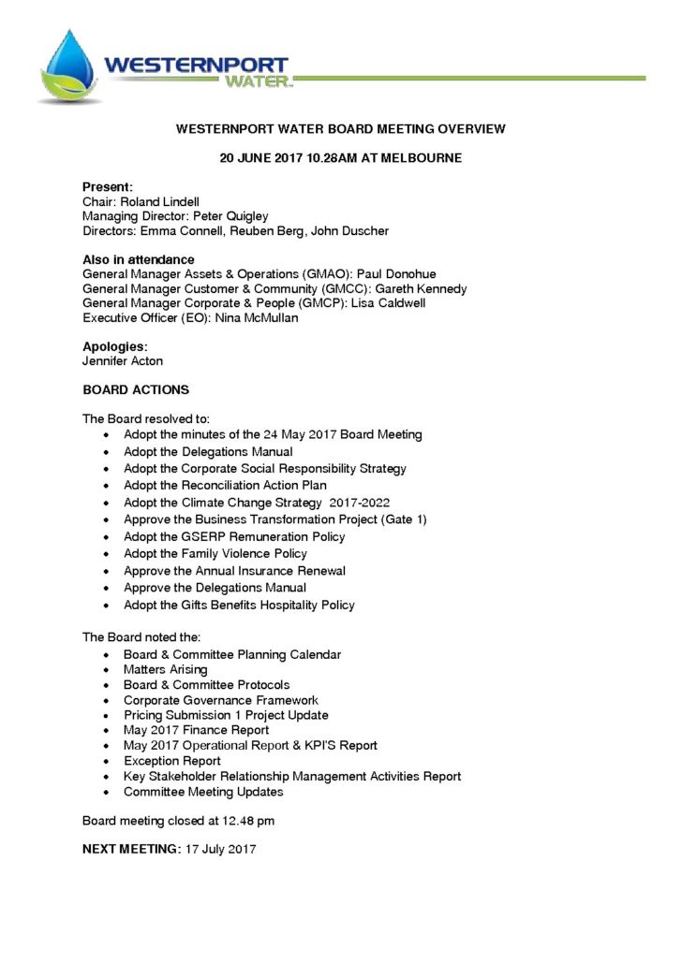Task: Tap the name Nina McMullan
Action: point(251,319)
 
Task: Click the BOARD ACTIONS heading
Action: point(136,390)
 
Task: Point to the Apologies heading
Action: point(115,346)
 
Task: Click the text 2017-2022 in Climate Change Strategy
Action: point(360,503)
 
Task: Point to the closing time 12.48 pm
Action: point(243,822)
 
